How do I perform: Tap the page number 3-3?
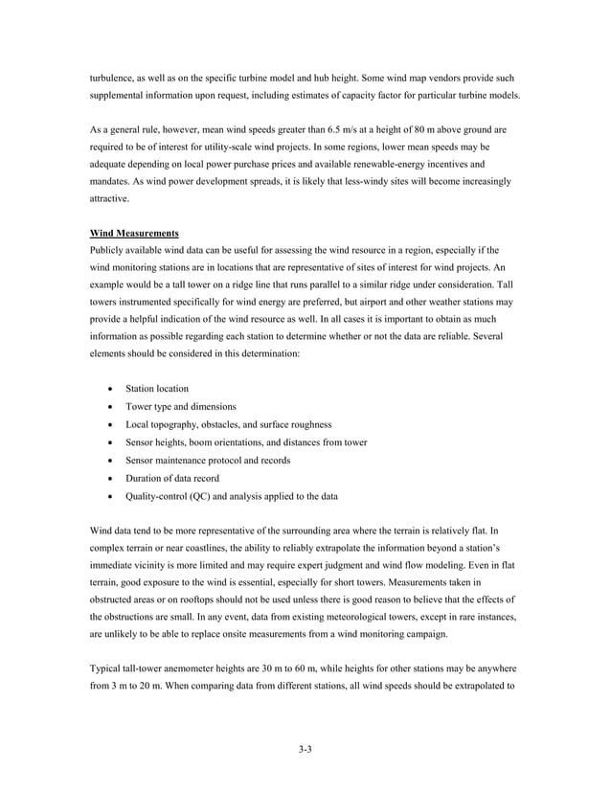coord(305,749)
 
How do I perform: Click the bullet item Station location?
coord(157,389)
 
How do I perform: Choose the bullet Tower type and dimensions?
coord(181,407)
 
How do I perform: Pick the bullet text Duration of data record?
coord(172,478)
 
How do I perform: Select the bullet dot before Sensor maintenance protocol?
coord(114,461)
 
